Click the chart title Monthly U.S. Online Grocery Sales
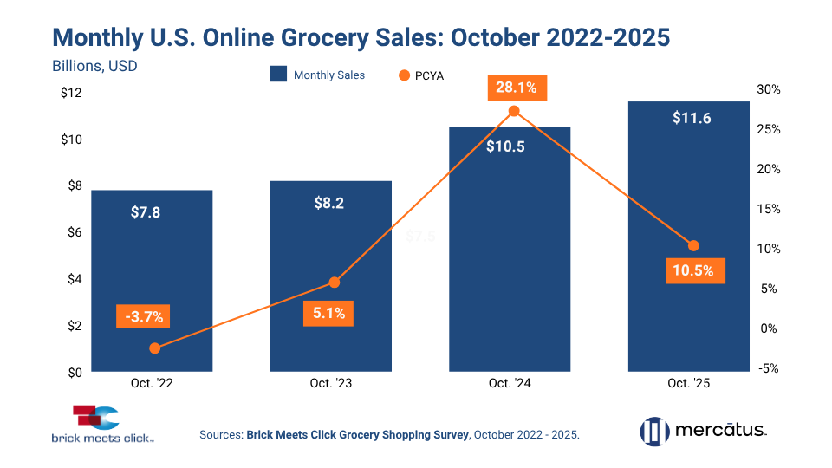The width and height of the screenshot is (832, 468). coord(361,37)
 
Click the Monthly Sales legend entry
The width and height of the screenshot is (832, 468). coord(318,75)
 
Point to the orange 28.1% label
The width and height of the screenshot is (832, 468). coord(516,88)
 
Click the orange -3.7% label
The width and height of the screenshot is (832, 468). coord(144,316)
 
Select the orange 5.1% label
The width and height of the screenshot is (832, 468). coord(329,313)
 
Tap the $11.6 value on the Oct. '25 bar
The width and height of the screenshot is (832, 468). coord(692,118)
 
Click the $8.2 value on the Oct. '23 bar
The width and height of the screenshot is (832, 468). coord(330,203)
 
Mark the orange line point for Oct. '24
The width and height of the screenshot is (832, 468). coord(514,111)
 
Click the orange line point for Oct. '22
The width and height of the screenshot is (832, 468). coord(155,348)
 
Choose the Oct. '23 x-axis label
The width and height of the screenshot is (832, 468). coord(330,383)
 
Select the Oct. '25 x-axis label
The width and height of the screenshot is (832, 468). coord(689,383)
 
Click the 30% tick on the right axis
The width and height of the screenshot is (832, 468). coord(769,89)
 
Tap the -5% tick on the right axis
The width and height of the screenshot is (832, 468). coord(769,368)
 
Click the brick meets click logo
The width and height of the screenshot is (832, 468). coord(102,426)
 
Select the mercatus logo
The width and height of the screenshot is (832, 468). coord(703,430)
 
